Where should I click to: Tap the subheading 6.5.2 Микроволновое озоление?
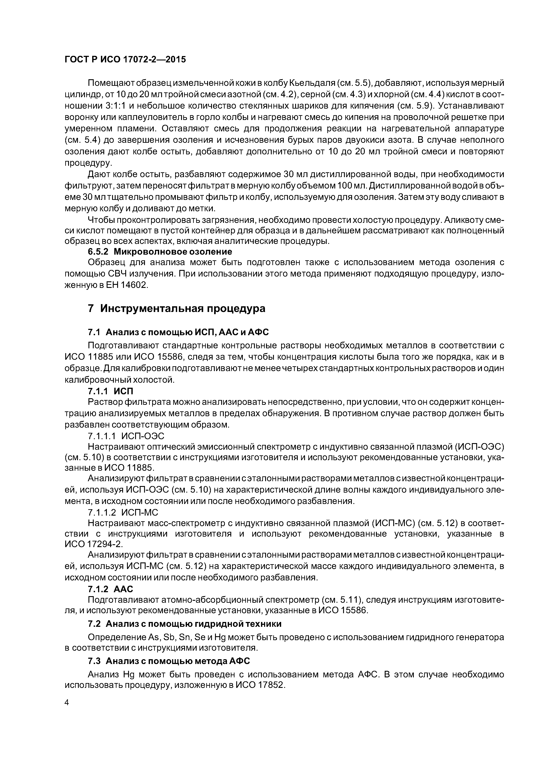coord(160,251)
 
